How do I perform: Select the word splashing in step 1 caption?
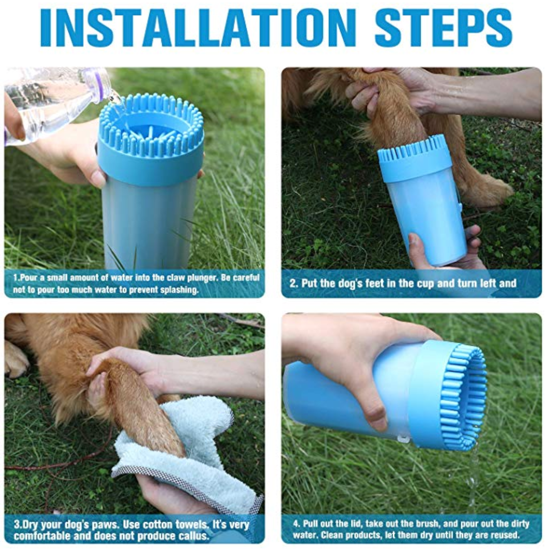(180, 290)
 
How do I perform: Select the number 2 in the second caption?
(293, 283)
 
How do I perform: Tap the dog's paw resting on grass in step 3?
(15, 359)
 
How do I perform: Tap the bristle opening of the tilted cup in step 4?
(463, 396)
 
